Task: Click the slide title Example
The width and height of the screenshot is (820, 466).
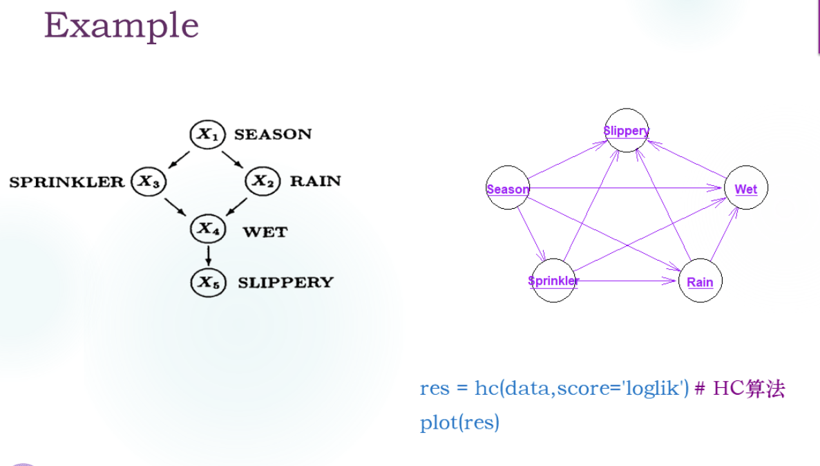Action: (122, 26)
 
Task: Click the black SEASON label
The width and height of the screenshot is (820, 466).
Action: (273, 134)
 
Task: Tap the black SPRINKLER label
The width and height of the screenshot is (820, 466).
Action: (66, 182)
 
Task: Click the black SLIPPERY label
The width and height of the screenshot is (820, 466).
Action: (285, 282)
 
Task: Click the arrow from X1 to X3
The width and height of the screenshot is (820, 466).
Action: (178, 158)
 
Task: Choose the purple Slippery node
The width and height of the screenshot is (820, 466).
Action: (627, 130)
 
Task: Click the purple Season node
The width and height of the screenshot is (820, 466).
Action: (508, 189)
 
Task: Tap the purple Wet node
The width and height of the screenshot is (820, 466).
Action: (745, 189)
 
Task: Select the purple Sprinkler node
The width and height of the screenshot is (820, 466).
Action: (553, 280)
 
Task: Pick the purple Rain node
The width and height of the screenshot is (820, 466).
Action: (700, 281)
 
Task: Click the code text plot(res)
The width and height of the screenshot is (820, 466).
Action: (459, 422)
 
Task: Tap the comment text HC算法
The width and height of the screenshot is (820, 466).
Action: (749, 389)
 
